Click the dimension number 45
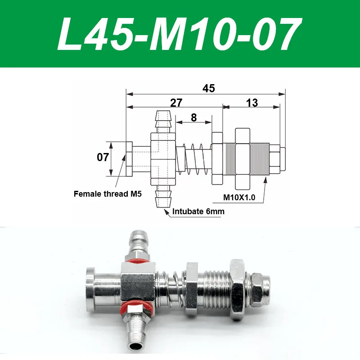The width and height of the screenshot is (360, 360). tap(208, 88)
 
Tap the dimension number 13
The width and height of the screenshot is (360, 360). tap(252, 103)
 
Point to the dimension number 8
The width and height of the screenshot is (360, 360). tap(193, 117)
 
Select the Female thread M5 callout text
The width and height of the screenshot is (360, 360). tap(108, 194)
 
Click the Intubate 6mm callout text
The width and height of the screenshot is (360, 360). tap(198, 211)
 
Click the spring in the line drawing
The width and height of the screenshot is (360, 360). tap(193, 158)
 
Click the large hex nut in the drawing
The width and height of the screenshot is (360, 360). tap(242, 158)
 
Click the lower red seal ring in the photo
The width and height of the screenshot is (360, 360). tap(135, 310)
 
